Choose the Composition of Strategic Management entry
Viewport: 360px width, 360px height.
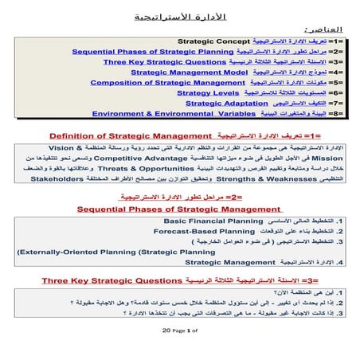point(167,82)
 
